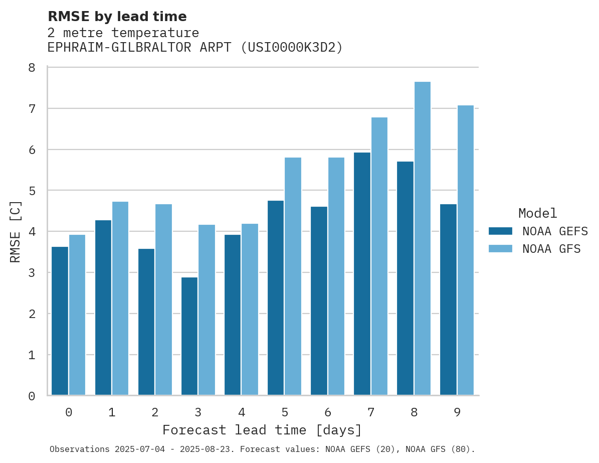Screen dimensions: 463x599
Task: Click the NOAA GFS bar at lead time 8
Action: (423, 238)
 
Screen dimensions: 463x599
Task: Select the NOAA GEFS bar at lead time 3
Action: (189, 336)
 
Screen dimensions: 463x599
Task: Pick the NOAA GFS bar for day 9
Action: (466, 250)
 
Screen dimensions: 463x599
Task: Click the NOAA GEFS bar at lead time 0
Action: (60, 321)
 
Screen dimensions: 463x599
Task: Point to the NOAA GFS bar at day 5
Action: (293, 276)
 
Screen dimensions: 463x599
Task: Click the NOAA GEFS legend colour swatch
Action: (500, 231)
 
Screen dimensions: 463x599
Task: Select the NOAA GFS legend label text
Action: (551, 249)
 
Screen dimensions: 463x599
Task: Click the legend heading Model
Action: (537, 213)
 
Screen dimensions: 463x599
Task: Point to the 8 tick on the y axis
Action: (32, 68)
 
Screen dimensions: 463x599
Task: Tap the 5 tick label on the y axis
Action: (32, 191)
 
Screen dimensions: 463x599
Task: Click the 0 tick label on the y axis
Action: (32, 396)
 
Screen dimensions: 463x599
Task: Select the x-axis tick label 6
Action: (328, 412)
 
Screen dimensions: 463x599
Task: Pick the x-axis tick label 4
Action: (242, 412)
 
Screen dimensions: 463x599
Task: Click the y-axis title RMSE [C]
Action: (16, 231)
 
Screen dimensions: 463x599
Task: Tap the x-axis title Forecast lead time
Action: (262, 430)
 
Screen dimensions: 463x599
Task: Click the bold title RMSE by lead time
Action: (117, 17)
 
